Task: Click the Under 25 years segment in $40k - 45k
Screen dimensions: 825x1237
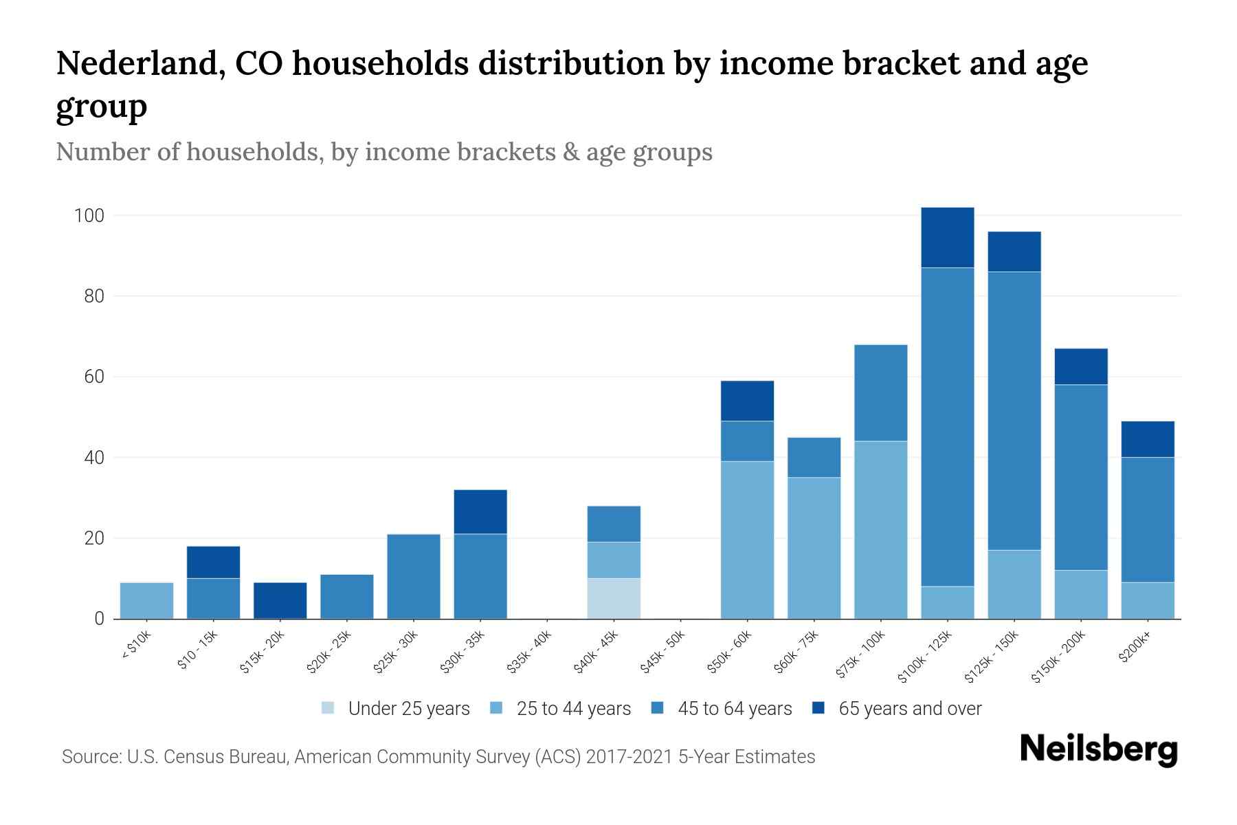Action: [614, 598]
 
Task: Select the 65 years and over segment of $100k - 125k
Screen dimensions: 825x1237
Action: [948, 237]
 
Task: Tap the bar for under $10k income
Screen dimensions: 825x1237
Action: [146, 600]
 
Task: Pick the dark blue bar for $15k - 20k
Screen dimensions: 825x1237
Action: [280, 600]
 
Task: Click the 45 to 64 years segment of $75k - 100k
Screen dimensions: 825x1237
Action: [881, 393]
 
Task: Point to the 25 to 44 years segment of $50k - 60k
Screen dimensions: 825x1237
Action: [747, 540]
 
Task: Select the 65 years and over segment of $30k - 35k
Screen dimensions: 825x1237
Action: [480, 511]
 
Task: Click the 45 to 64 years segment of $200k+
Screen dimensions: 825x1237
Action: [1148, 520]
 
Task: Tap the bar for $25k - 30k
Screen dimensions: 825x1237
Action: [414, 576]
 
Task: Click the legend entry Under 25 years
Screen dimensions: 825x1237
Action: [396, 709]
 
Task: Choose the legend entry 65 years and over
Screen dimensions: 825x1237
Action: [897, 709]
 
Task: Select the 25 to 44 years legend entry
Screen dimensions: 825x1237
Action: [561, 709]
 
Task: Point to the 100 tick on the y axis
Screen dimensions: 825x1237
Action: [89, 216]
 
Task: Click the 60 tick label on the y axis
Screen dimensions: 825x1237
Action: [93, 377]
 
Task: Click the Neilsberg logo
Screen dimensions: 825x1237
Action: [1098, 749]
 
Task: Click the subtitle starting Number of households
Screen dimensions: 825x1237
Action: [384, 152]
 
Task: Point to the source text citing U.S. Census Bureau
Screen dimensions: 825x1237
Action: [438, 757]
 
